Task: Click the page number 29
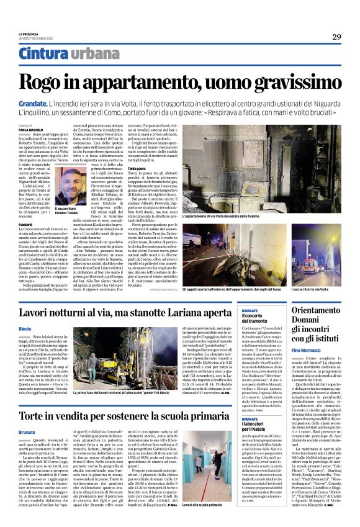point(336,37)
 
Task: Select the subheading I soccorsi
point(25,223)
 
